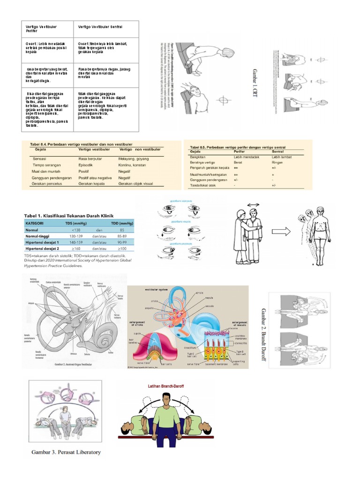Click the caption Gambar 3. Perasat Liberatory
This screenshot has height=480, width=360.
pyautogui.click(x=66, y=452)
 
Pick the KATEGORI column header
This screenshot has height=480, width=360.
pyautogui.click(x=35, y=223)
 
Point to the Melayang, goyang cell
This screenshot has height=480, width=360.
pyautogui.click(x=133, y=159)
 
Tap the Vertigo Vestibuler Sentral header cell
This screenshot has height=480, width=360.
pyautogui.click(x=100, y=27)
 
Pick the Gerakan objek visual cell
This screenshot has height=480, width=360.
pyautogui.click(x=135, y=184)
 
